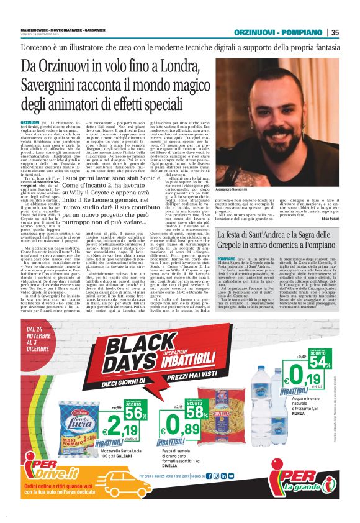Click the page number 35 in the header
(x=335, y=33)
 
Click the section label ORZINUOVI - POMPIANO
(x=277, y=33)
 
